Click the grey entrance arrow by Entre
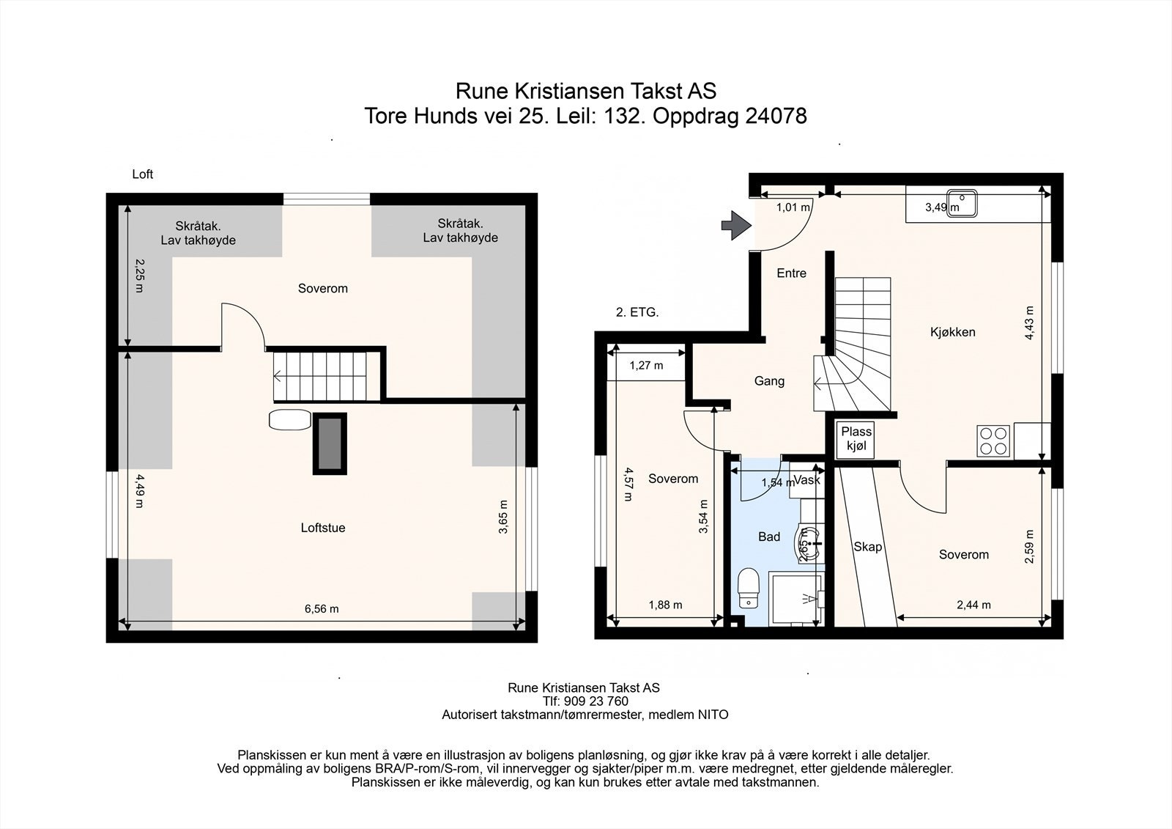click(x=737, y=226)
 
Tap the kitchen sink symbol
click(x=962, y=202)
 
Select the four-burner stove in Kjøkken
click(x=993, y=441)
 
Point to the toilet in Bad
click(x=749, y=588)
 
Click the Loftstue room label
click(x=323, y=528)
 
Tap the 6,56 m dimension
click(x=322, y=608)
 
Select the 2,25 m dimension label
click(x=140, y=276)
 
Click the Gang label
click(x=769, y=381)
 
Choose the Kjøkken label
click(x=953, y=332)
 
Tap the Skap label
click(x=868, y=548)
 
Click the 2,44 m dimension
click(x=973, y=605)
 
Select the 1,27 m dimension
click(x=646, y=366)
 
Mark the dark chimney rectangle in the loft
click(x=330, y=444)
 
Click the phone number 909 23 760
click(x=596, y=701)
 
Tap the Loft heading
click(x=142, y=174)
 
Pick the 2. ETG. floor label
click(x=637, y=313)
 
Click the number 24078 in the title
click(x=776, y=116)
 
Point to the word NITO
click(x=713, y=715)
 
